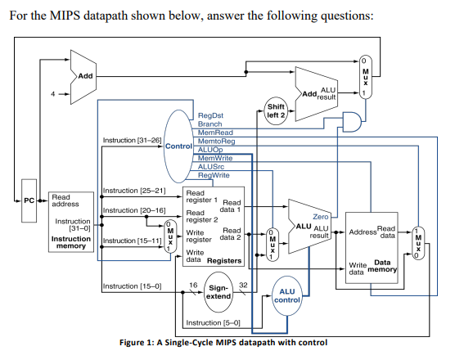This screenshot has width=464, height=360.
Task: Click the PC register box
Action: (x=28, y=200)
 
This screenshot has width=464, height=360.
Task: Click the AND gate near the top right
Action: (x=352, y=123)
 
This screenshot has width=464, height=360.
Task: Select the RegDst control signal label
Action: (x=210, y=116)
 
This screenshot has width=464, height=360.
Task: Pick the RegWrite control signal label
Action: (x=214, y=175)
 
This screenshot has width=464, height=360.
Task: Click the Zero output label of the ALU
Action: (x=321, y=216)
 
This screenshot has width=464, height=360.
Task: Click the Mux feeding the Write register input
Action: (x=169, y=236)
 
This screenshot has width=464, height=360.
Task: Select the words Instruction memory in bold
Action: (x=71, y=242)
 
